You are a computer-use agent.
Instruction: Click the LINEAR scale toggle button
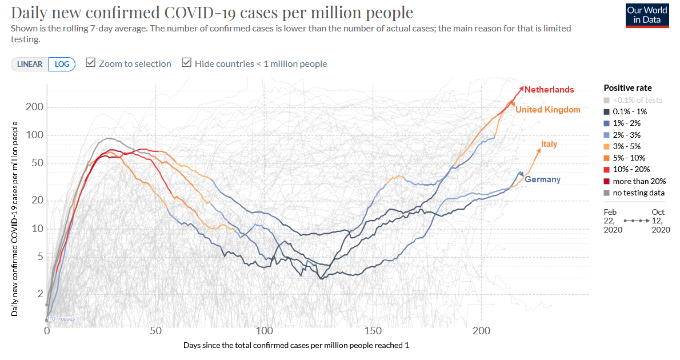30,64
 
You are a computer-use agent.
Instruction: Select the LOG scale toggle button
62,64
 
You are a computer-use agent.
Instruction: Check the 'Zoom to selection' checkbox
90,63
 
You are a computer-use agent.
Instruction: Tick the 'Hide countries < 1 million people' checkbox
186,63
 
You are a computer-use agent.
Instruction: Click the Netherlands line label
549,90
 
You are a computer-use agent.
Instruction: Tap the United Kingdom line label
548,110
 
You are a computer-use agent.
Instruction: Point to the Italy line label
549,144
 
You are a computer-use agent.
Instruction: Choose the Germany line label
542,179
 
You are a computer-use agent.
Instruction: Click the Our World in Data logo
647,15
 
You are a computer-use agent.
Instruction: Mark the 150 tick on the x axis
373,331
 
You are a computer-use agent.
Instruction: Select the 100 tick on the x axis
264,331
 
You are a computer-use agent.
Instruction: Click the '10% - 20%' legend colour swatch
607,170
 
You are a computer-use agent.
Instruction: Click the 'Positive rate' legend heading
627,88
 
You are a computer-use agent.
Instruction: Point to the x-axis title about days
296,346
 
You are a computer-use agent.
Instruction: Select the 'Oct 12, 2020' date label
660,221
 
